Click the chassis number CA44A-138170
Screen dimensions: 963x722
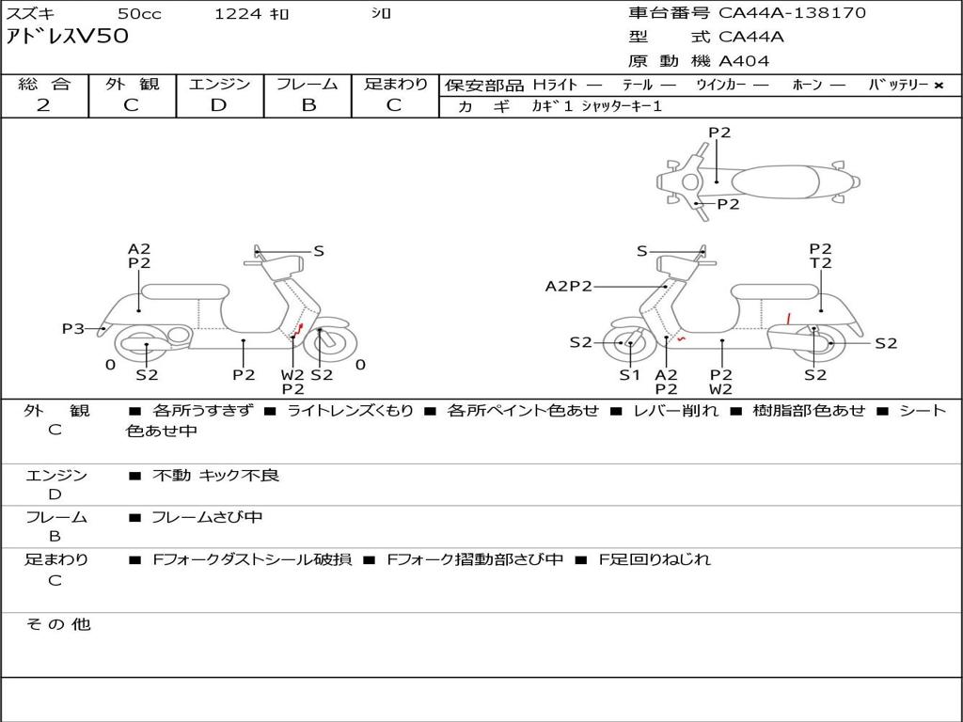[792, 13]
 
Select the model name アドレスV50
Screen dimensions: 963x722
[68, 37]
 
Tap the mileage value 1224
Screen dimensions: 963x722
[238, 13]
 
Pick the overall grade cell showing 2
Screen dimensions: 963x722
[44, 104]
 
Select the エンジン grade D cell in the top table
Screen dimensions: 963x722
[219, 104]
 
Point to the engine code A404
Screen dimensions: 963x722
[744, 61]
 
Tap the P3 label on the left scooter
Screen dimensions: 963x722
[73, 328]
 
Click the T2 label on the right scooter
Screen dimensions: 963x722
[820, 263]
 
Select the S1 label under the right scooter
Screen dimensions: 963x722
[629, 374]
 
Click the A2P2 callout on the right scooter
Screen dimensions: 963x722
[568, 286]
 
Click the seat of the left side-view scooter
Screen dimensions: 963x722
[184, 291]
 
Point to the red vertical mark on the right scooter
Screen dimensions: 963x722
[788, 318]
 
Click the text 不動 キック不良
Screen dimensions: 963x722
[215, 476]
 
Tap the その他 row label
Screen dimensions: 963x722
[57, 624]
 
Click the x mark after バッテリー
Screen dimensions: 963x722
[938, 86]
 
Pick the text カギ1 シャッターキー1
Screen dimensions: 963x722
[596, 106]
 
